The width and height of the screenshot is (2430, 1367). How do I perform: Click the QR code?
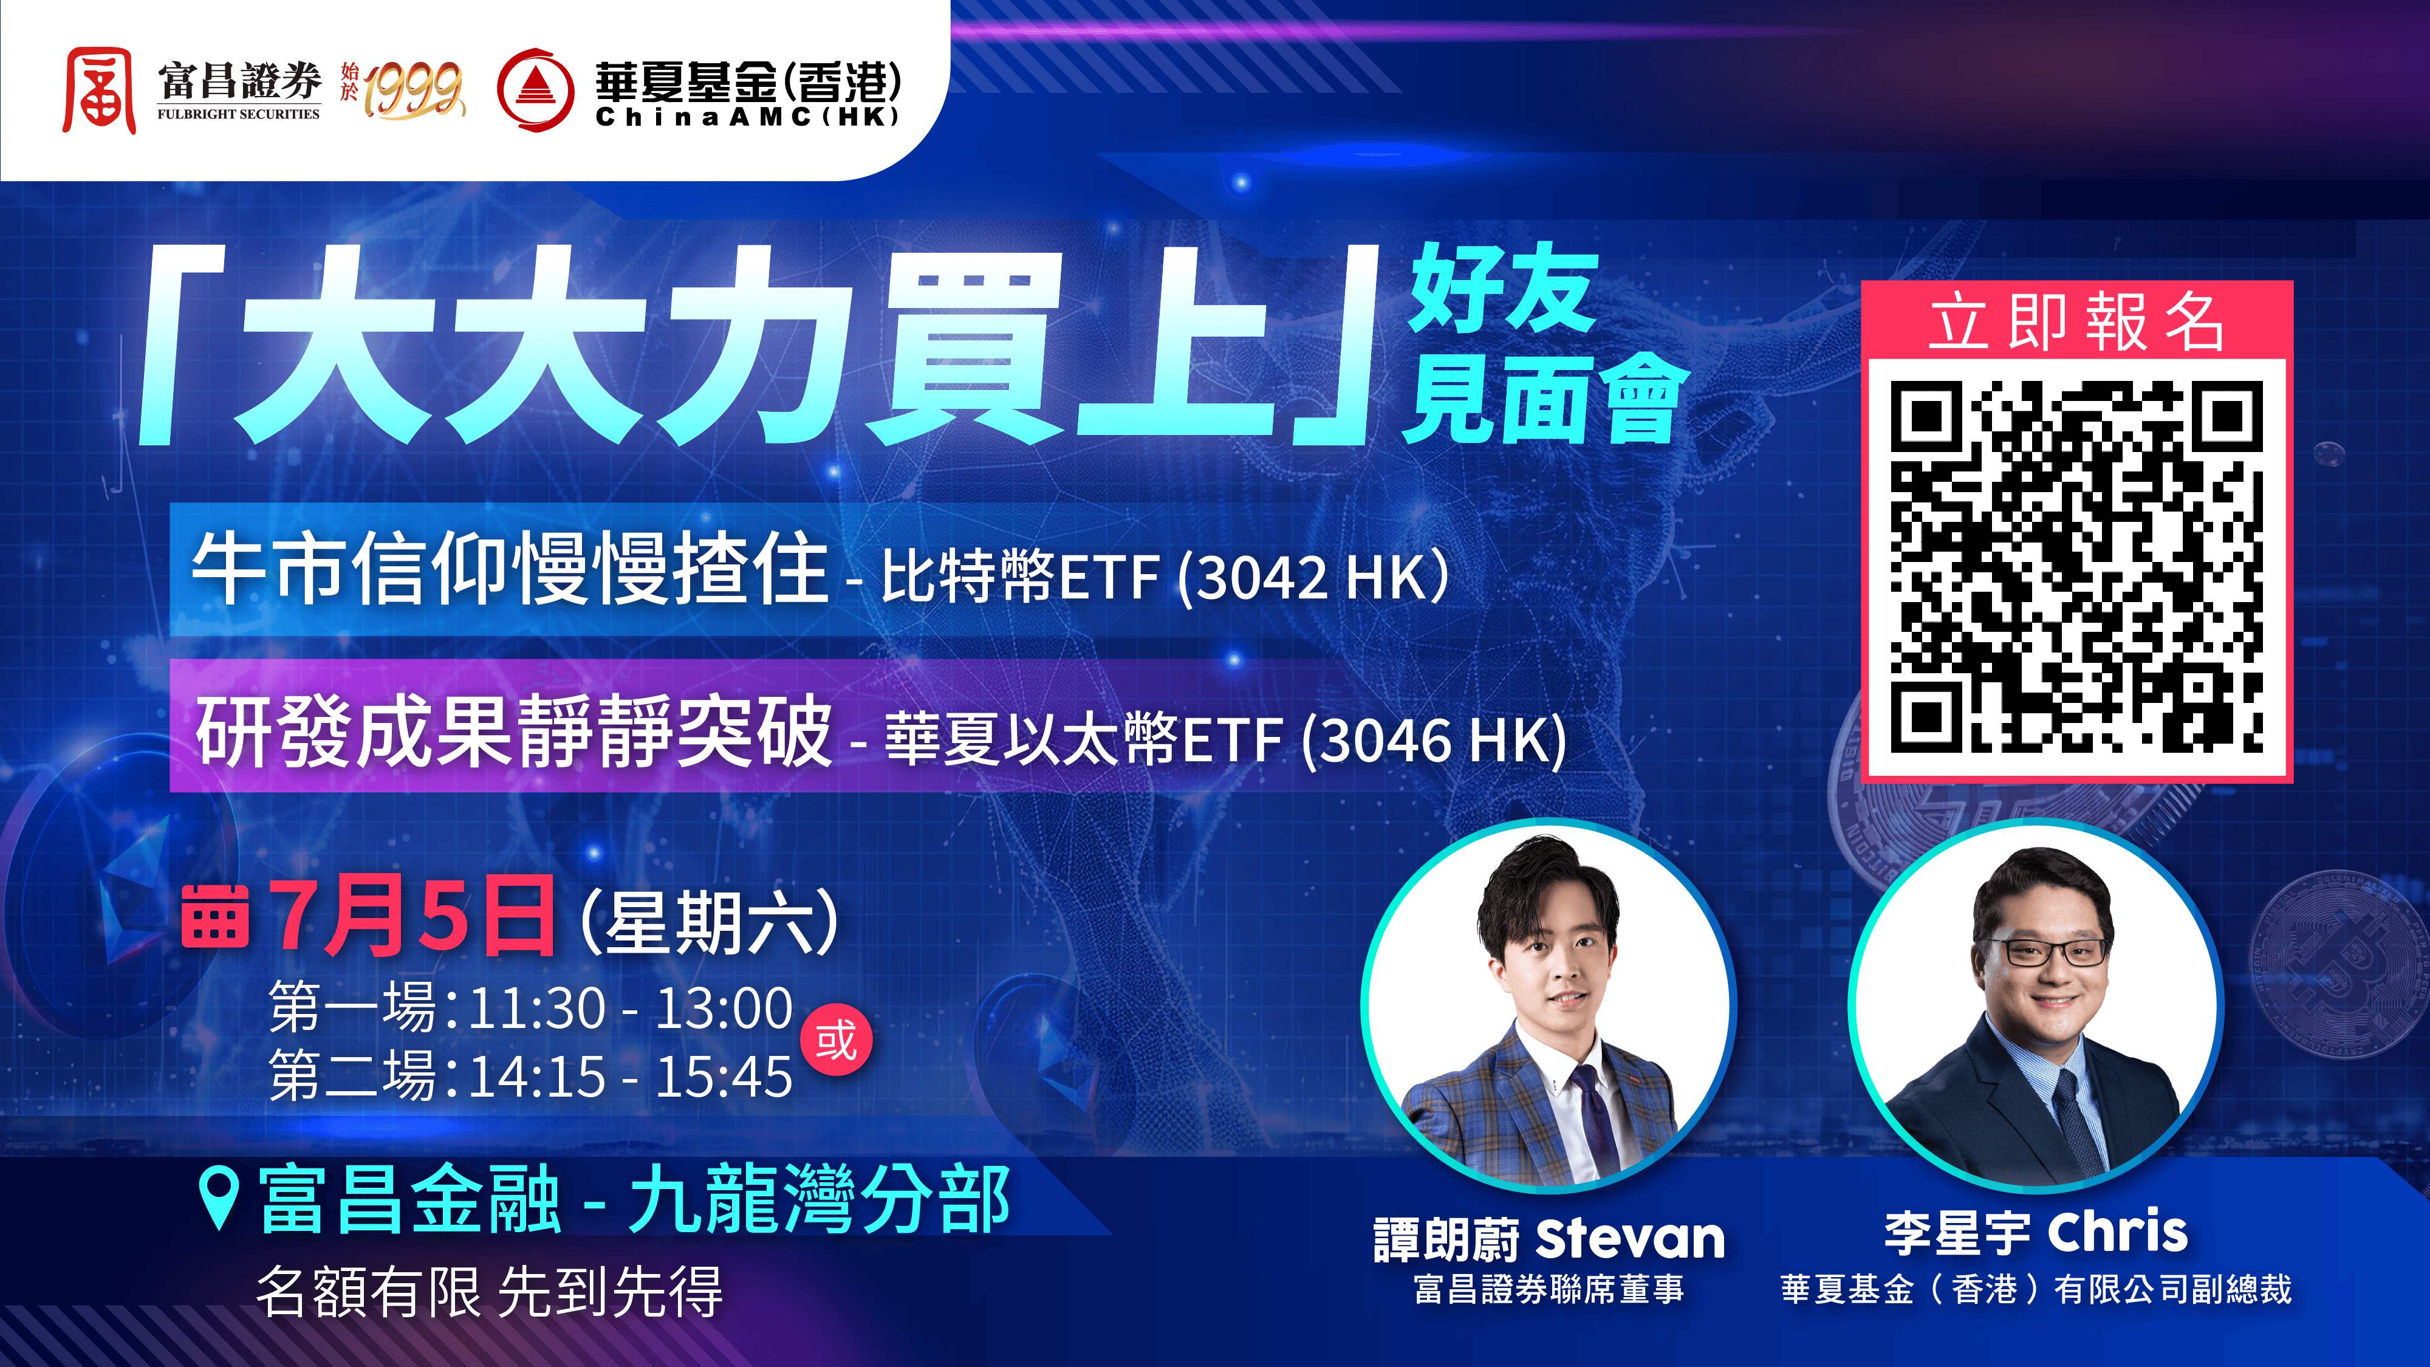pyautogui.click(x=2076, y=566)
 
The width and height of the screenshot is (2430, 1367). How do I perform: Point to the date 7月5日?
pyautogui.click(x=412, y=915)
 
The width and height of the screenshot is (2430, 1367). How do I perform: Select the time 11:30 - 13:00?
pyautogui.click(x=630, y=1009)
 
